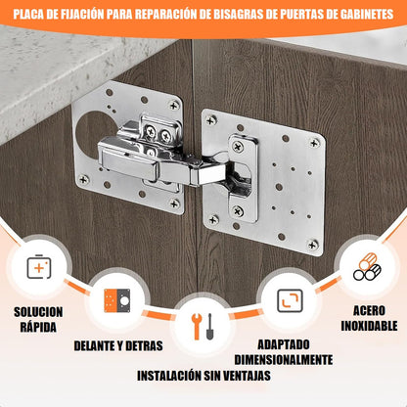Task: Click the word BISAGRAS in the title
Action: click(234, 14)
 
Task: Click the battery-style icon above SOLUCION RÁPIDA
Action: click(39, 267)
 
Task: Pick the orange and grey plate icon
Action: click(117, 300)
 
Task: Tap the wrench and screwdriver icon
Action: click(203, 327)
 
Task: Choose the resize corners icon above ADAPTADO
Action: click(290, 300)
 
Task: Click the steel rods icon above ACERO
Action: click(367, 267)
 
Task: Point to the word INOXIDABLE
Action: click(369, 326)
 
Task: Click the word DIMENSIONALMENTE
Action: click(284, 360)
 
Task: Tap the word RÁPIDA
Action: click(38, 327)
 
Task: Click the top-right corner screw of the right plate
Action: click(314, 143)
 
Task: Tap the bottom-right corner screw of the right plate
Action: click(313, 245)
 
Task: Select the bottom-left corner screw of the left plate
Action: click(84, 179)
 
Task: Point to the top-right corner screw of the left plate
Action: click(174, 106)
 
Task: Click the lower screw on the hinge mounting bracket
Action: click(238, 212)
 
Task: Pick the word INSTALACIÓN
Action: click(169, 376)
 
